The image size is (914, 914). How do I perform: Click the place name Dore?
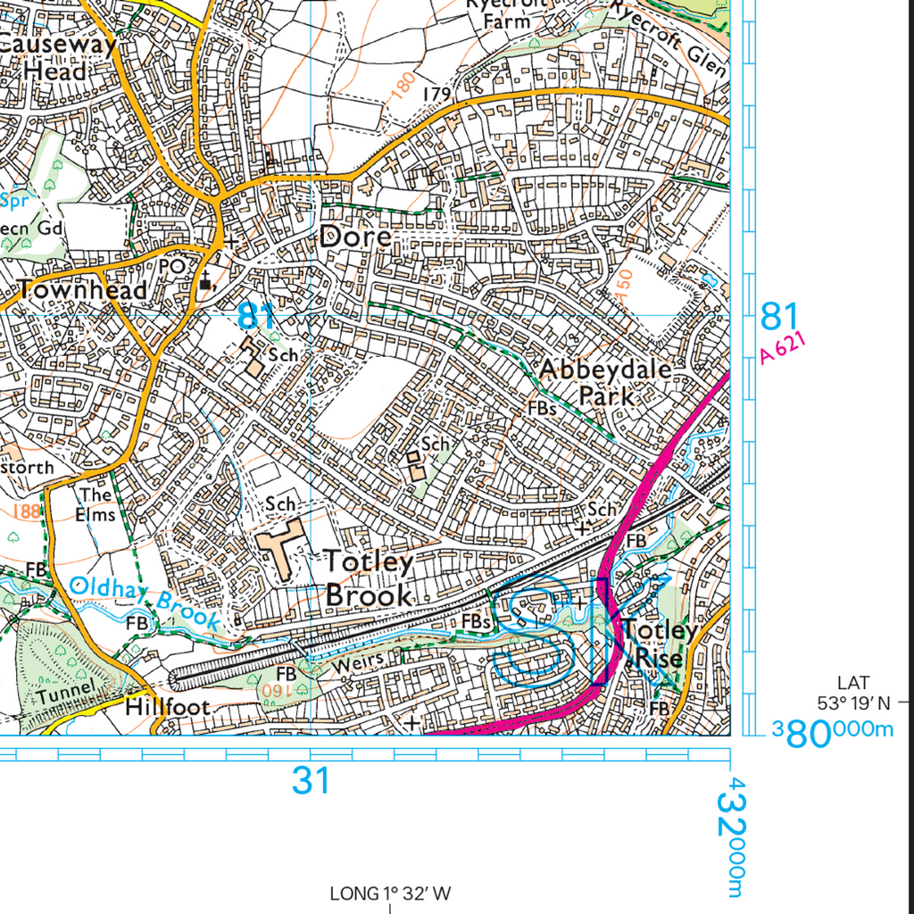pyautogui.click(x=355, y=237)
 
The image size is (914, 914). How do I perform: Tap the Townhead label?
pyautogui.click(x=81, y=289)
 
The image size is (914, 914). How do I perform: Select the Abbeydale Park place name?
pyautogui.click(x=605, y=382)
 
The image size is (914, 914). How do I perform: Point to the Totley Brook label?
pyautogui.click(x=370, y=578)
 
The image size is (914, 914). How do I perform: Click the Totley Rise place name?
pyautogui.click(x=660, y=644)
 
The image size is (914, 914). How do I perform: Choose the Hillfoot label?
pyautogui.click(x=168, y=707)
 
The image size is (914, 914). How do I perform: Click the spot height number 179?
pyautogui.click(x=436, y=94)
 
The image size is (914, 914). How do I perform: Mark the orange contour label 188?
pyautogui.click(x=28, y=511)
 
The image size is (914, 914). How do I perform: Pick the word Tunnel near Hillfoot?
pyautogui.click(x=65, y=691)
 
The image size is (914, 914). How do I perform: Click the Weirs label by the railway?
pyautogui.click(x=358, y=661)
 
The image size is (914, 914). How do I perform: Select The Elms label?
pyautogui.click(x=96, y=504)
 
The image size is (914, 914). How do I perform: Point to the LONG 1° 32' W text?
pyautogui.click(x=391, y=893)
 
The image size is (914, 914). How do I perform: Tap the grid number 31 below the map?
pyautogui.click(x=311, y=781)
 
